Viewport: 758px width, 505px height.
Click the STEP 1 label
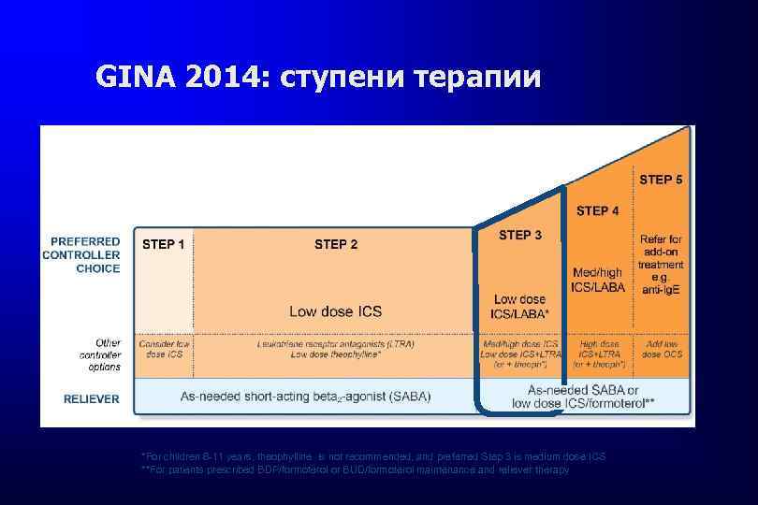163,245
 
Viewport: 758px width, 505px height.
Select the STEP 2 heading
336,245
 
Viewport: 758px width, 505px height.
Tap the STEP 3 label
520,235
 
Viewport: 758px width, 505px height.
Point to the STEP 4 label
597,211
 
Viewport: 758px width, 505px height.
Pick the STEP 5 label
661,179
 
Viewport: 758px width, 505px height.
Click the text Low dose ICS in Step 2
335,310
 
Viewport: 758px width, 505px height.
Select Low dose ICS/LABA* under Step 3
520,306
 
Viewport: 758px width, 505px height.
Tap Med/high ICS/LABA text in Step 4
597,279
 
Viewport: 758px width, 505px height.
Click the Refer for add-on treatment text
661,265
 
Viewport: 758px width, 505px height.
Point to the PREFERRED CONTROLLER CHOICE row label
84,254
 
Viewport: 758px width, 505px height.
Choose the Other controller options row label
98,354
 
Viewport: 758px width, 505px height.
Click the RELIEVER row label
92,398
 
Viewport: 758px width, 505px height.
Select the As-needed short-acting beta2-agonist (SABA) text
306,397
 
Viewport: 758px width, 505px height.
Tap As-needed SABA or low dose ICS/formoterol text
582,396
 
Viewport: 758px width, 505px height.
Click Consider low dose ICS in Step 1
164,350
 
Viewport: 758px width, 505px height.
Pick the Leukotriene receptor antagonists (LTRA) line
335,344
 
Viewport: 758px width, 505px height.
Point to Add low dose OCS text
662,350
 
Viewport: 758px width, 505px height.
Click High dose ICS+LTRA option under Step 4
597,350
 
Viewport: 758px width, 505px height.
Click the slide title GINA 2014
318,76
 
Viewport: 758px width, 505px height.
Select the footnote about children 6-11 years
372,456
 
